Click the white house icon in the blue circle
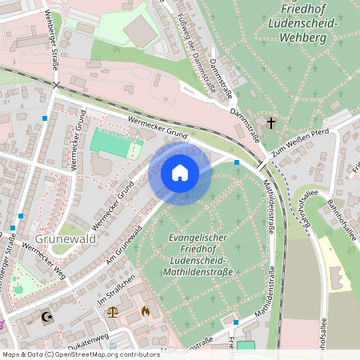tap(179, 173)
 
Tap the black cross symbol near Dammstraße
tap(272, 122)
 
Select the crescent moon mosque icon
tap(46, 318)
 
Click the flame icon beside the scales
tap(145, 311)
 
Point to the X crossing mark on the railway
tap(56, 85)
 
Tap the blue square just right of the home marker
tap(237, 162)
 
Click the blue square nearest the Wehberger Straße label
tap(45, 118)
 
